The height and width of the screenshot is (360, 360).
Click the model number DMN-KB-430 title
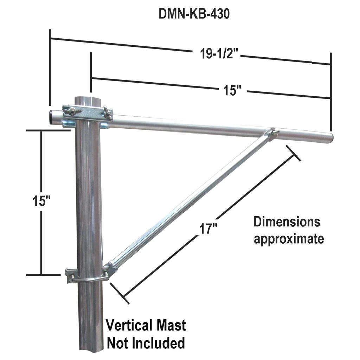point(194,14)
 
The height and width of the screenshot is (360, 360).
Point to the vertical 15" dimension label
point(41,201)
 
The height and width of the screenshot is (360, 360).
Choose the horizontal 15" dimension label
point(233,90)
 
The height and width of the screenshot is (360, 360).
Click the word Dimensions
point(287,222)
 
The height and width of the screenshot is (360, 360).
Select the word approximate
point(289,239)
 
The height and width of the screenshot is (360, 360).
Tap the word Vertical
point(129,325)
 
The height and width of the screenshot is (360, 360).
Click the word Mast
point(171,325)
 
